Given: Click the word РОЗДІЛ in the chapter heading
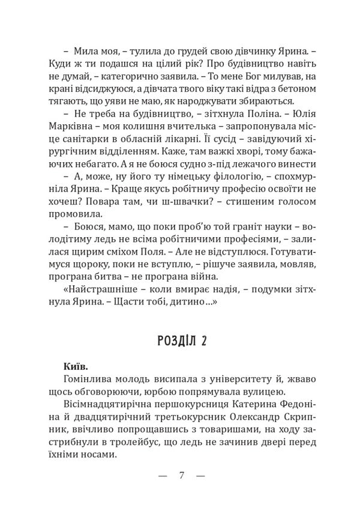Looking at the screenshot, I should [x=173, y=341].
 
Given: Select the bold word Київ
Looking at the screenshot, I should [x=74, y=366].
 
